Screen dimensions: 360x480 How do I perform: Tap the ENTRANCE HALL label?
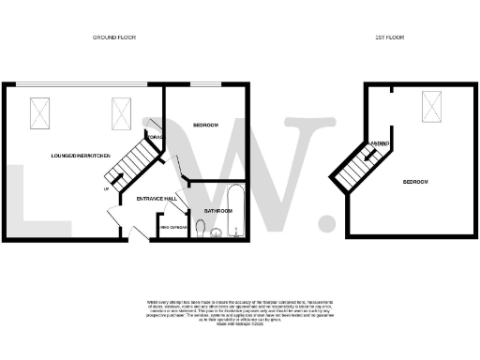click(x=157, y=199)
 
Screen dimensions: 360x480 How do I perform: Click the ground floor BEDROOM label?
click(x=206, y=125)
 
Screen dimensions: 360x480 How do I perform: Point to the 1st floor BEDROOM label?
click(x=415, y=181)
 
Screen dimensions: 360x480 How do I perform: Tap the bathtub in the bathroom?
click(x=235, y=212)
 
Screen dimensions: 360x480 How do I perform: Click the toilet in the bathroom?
click(x=202, y=226)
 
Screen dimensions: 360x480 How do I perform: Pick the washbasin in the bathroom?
click(x=217, y=234)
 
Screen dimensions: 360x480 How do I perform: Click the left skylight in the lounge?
click(x=42, y=112)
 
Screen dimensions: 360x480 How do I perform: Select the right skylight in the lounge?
click(x=122, y=112)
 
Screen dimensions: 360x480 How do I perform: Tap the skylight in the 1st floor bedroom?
click(x=432, y=105)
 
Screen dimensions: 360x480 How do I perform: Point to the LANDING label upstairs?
click(x=380, y=143)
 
